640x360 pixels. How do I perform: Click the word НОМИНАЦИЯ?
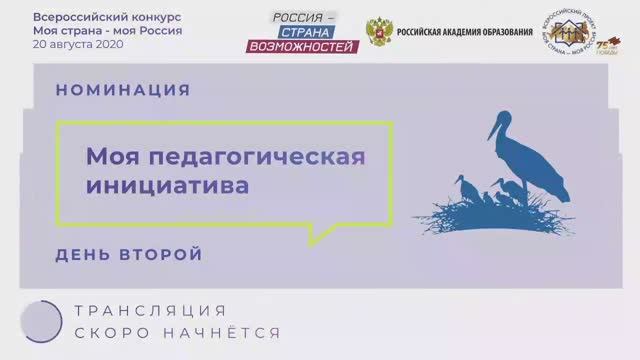point(123,90)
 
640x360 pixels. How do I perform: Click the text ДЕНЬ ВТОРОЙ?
point(129,254)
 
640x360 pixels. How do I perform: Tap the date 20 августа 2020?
point(75,46)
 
